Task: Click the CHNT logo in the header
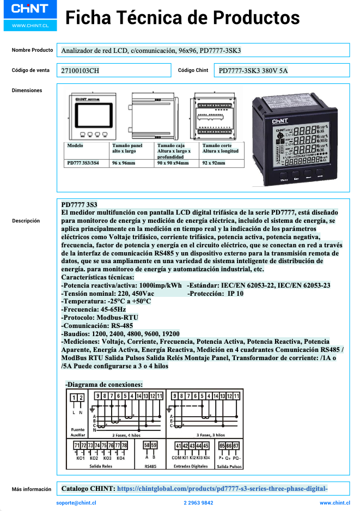pyautogui.click(x=30, y=10)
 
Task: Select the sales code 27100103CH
pyautogui.click(x=80, y=71)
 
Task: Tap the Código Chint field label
pyautogui.click(x=193, y=70)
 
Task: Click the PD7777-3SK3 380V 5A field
pyautogui.click(x=253, y=71)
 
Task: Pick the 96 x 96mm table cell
pyautogui.click(x=123, y=163)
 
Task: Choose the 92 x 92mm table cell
pyautogui.click(x=213, y=163)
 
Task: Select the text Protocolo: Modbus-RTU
pyautogui.click(x=100, y=317)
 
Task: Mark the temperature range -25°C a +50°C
pyautogui.click(x=106, y=301)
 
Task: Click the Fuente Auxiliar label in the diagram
pyautogui.click(x=78, y=433)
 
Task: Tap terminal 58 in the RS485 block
pyautogui.click(x=147, y=446)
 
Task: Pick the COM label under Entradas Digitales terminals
pyautogui.click(x=176, y=458)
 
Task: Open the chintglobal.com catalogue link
pyautogui.click(x=222, y=489)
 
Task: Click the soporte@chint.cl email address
pyautogui.click(x=76, y=503)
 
